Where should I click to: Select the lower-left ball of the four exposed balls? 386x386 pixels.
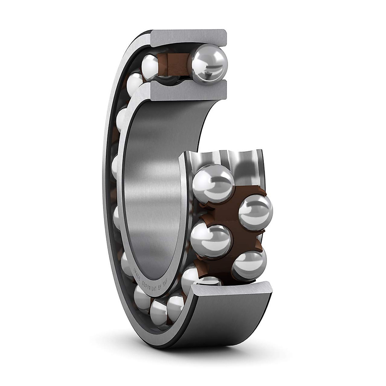point(211,240)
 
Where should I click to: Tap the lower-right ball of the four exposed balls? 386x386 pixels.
point(249,266)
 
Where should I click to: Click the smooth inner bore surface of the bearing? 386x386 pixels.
point(154,193)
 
